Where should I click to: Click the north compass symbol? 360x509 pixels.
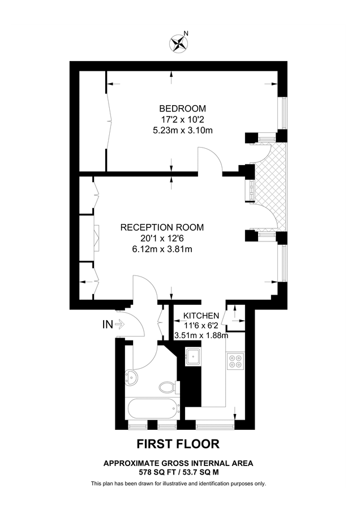click(179, 43)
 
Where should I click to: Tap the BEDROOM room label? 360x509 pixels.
click(182, 109)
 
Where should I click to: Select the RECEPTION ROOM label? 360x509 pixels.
click(162, 227)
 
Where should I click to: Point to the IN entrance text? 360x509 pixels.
click(107, 325)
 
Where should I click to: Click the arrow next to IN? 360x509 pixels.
click(119, 325)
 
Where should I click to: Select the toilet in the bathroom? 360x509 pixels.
click(168, 387)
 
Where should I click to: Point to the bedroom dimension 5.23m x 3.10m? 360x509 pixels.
click(182, 130)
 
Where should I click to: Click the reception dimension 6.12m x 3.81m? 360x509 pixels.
click(162, 249)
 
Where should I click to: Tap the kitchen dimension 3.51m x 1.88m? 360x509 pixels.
click(201, 335)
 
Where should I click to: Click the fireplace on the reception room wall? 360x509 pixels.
click(96, 238)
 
